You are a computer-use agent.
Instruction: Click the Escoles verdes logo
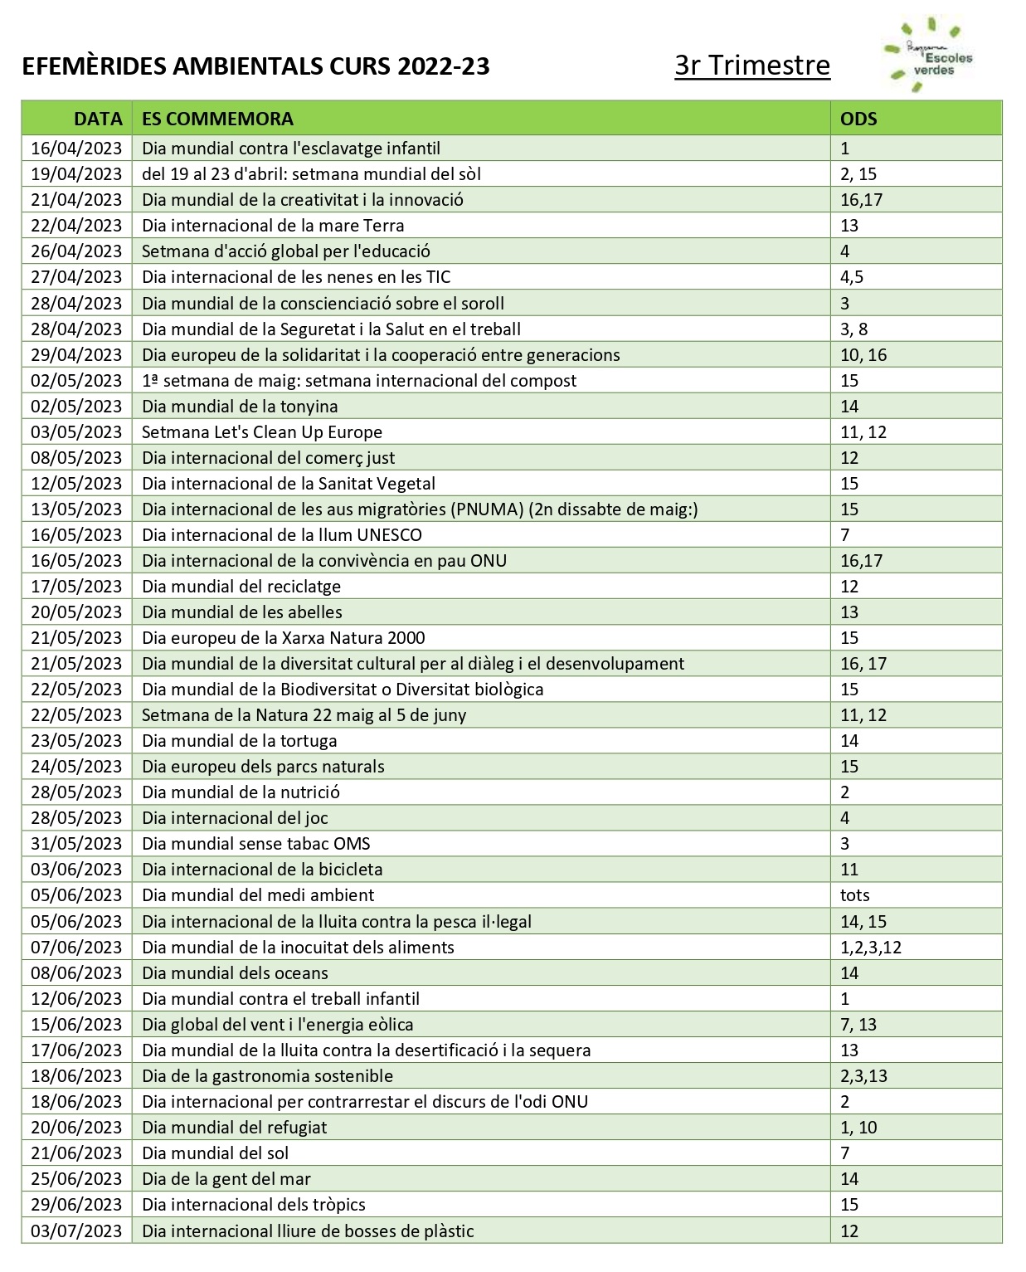930,56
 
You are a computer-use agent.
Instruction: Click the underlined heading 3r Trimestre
751,65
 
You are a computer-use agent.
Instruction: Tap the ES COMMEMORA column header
217,119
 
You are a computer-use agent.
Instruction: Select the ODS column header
858,119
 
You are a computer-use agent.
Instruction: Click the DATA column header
97,119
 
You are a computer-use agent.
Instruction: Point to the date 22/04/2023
76,226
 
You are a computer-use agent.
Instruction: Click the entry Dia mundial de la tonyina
240,407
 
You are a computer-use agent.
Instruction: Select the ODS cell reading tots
854,895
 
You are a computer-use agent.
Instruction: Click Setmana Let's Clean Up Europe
262,432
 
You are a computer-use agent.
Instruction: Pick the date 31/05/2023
76,844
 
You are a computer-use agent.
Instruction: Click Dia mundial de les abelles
241,612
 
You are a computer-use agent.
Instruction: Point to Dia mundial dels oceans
235,973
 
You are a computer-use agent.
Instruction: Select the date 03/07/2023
76,1231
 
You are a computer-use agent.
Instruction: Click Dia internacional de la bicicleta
262,870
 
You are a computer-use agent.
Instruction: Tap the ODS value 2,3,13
863,1076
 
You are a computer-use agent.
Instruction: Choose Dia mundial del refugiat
234,1128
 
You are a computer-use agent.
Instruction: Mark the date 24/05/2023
76,767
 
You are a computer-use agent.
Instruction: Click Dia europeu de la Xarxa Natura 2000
283,638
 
